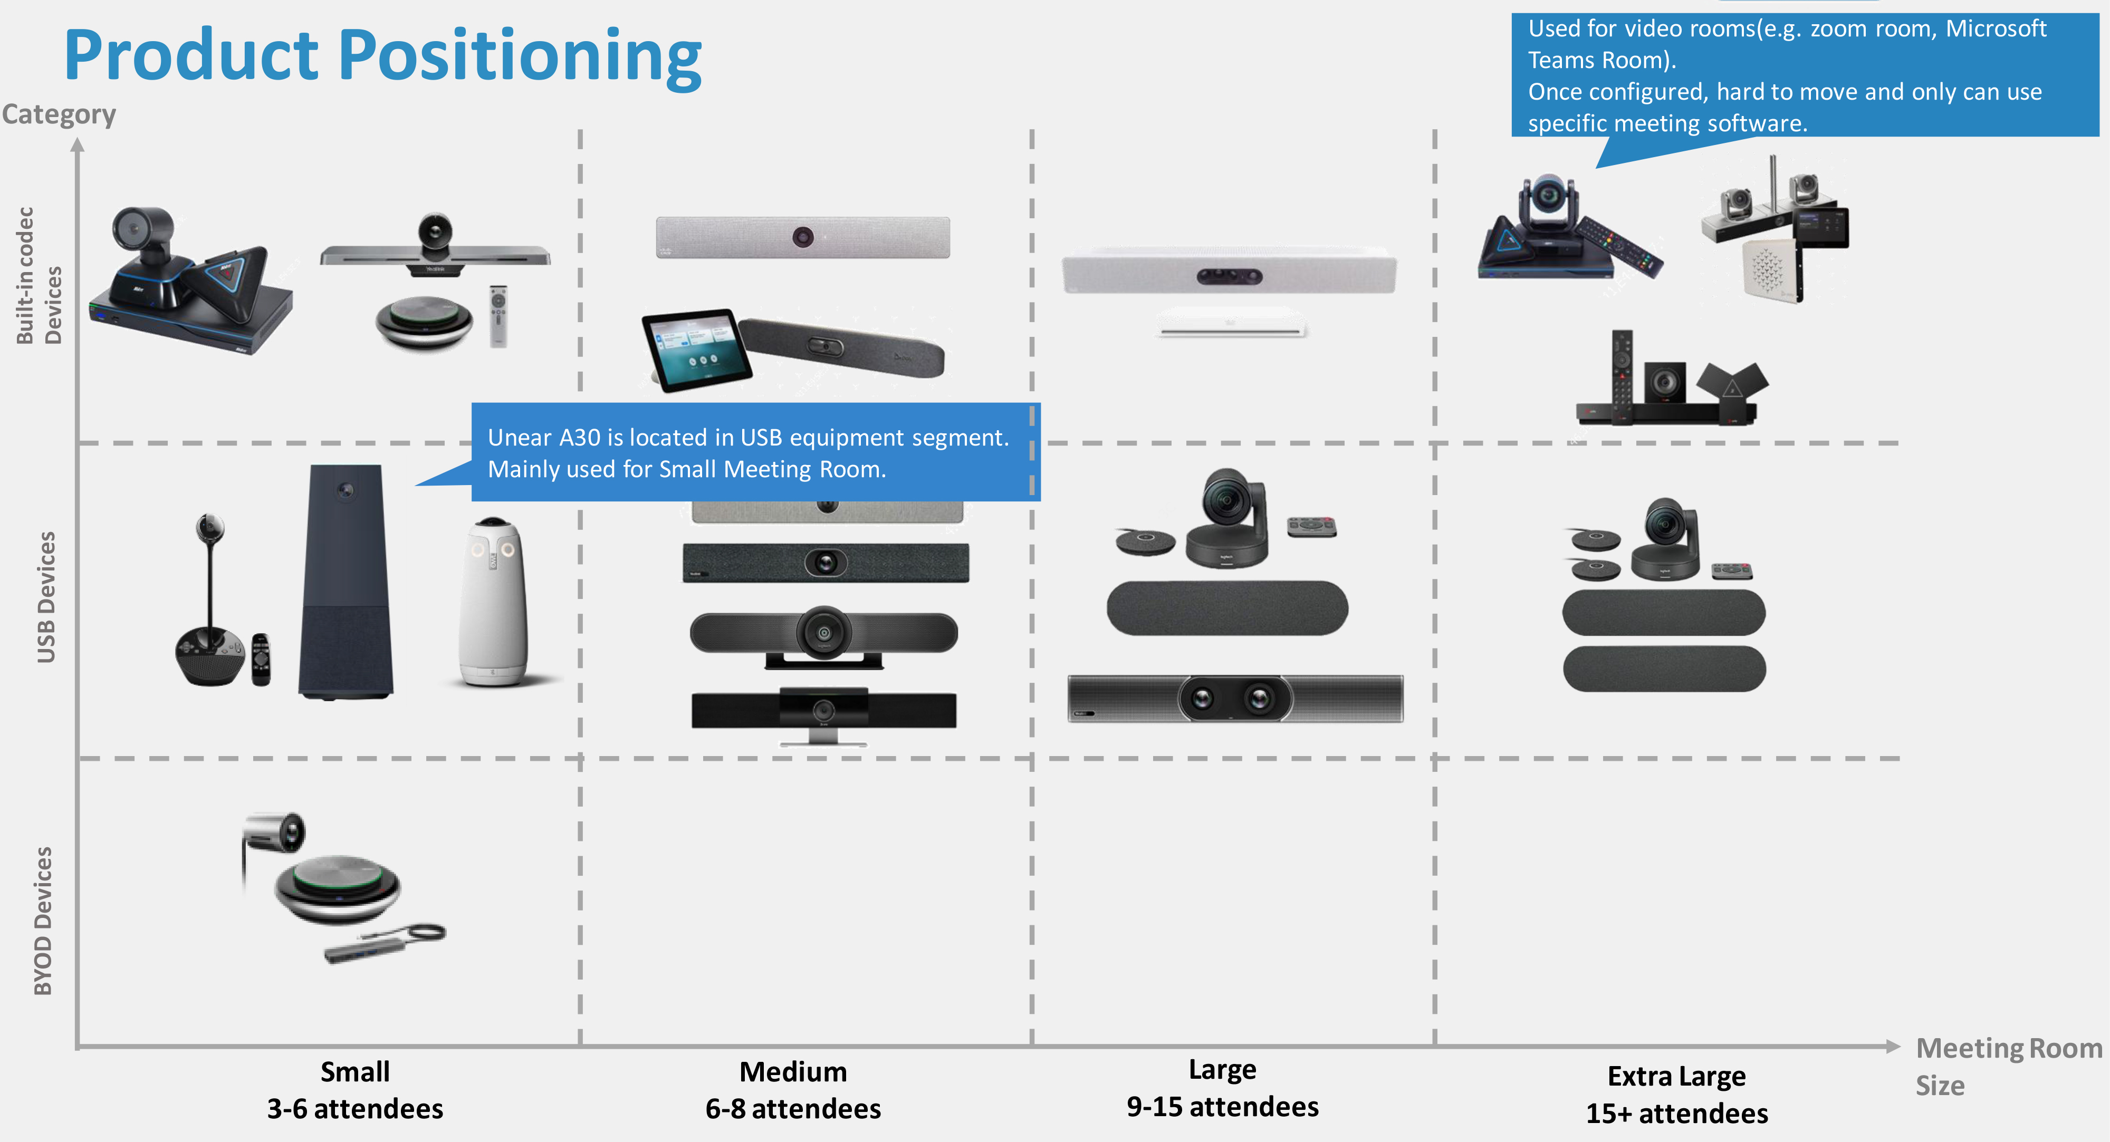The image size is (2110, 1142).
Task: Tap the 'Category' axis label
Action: [59, 114]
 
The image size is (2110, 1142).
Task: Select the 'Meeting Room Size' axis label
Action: [2008, 1066]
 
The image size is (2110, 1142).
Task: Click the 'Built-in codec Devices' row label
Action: [39, 276]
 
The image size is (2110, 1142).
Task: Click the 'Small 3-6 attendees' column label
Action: [354, 1090]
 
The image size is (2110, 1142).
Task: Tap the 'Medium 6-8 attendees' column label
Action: [793, 1090]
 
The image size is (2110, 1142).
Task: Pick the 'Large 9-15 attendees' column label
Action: [1222, 1088]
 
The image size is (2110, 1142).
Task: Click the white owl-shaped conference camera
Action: [493, 601]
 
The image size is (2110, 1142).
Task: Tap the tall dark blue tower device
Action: [346, 581]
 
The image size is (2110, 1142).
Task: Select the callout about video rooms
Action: [1805, 75]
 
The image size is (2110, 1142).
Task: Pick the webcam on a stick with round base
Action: [210, 606]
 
